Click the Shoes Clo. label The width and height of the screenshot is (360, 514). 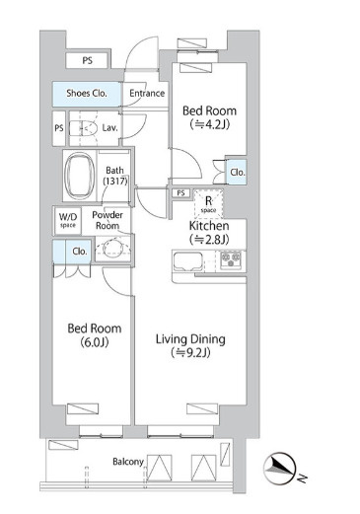pyautogui.click(x=87, y=94)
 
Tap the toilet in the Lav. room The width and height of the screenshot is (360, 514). pyautogui.click(x=84, y=128)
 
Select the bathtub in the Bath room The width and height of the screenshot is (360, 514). pyautogui.click(x=79, y=176)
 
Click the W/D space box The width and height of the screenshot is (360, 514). pyautogui.click(x=68, y=220)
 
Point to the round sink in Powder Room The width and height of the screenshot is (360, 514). pyautogui.click(x=113, y=249)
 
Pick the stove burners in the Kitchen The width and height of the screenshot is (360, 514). pyautogui.click(x=231, y=259)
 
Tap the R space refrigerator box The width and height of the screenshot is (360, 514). pyautogui.click(x=208, y=204)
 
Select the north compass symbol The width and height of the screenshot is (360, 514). pyautogui.click(x=280, y=469)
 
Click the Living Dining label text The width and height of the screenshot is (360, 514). pyautogui.click(x=190, y=339)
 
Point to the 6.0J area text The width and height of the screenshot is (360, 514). pyautogui.click(x=95, y=342)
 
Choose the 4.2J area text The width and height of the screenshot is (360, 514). pyautogui.click(x=210, y=124)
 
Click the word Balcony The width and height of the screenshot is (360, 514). pyautogui.click(x=128, y=462)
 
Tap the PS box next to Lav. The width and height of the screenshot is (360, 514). pyautogui.click(x=59, y=128)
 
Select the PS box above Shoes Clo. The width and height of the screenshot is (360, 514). pyautogui.click(x=87, y=61)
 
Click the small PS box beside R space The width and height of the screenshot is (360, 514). pyautogui.click(x=180, y=193)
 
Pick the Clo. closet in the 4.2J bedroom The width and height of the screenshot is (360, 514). pyautogui.click(x=236, y=172)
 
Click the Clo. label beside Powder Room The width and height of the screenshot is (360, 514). pyautogui.click(x=80, y=252)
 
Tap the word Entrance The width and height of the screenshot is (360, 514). pyautogui.click(x=147, y=94)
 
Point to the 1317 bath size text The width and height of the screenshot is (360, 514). pyautogui.click(x=115, y=181)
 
